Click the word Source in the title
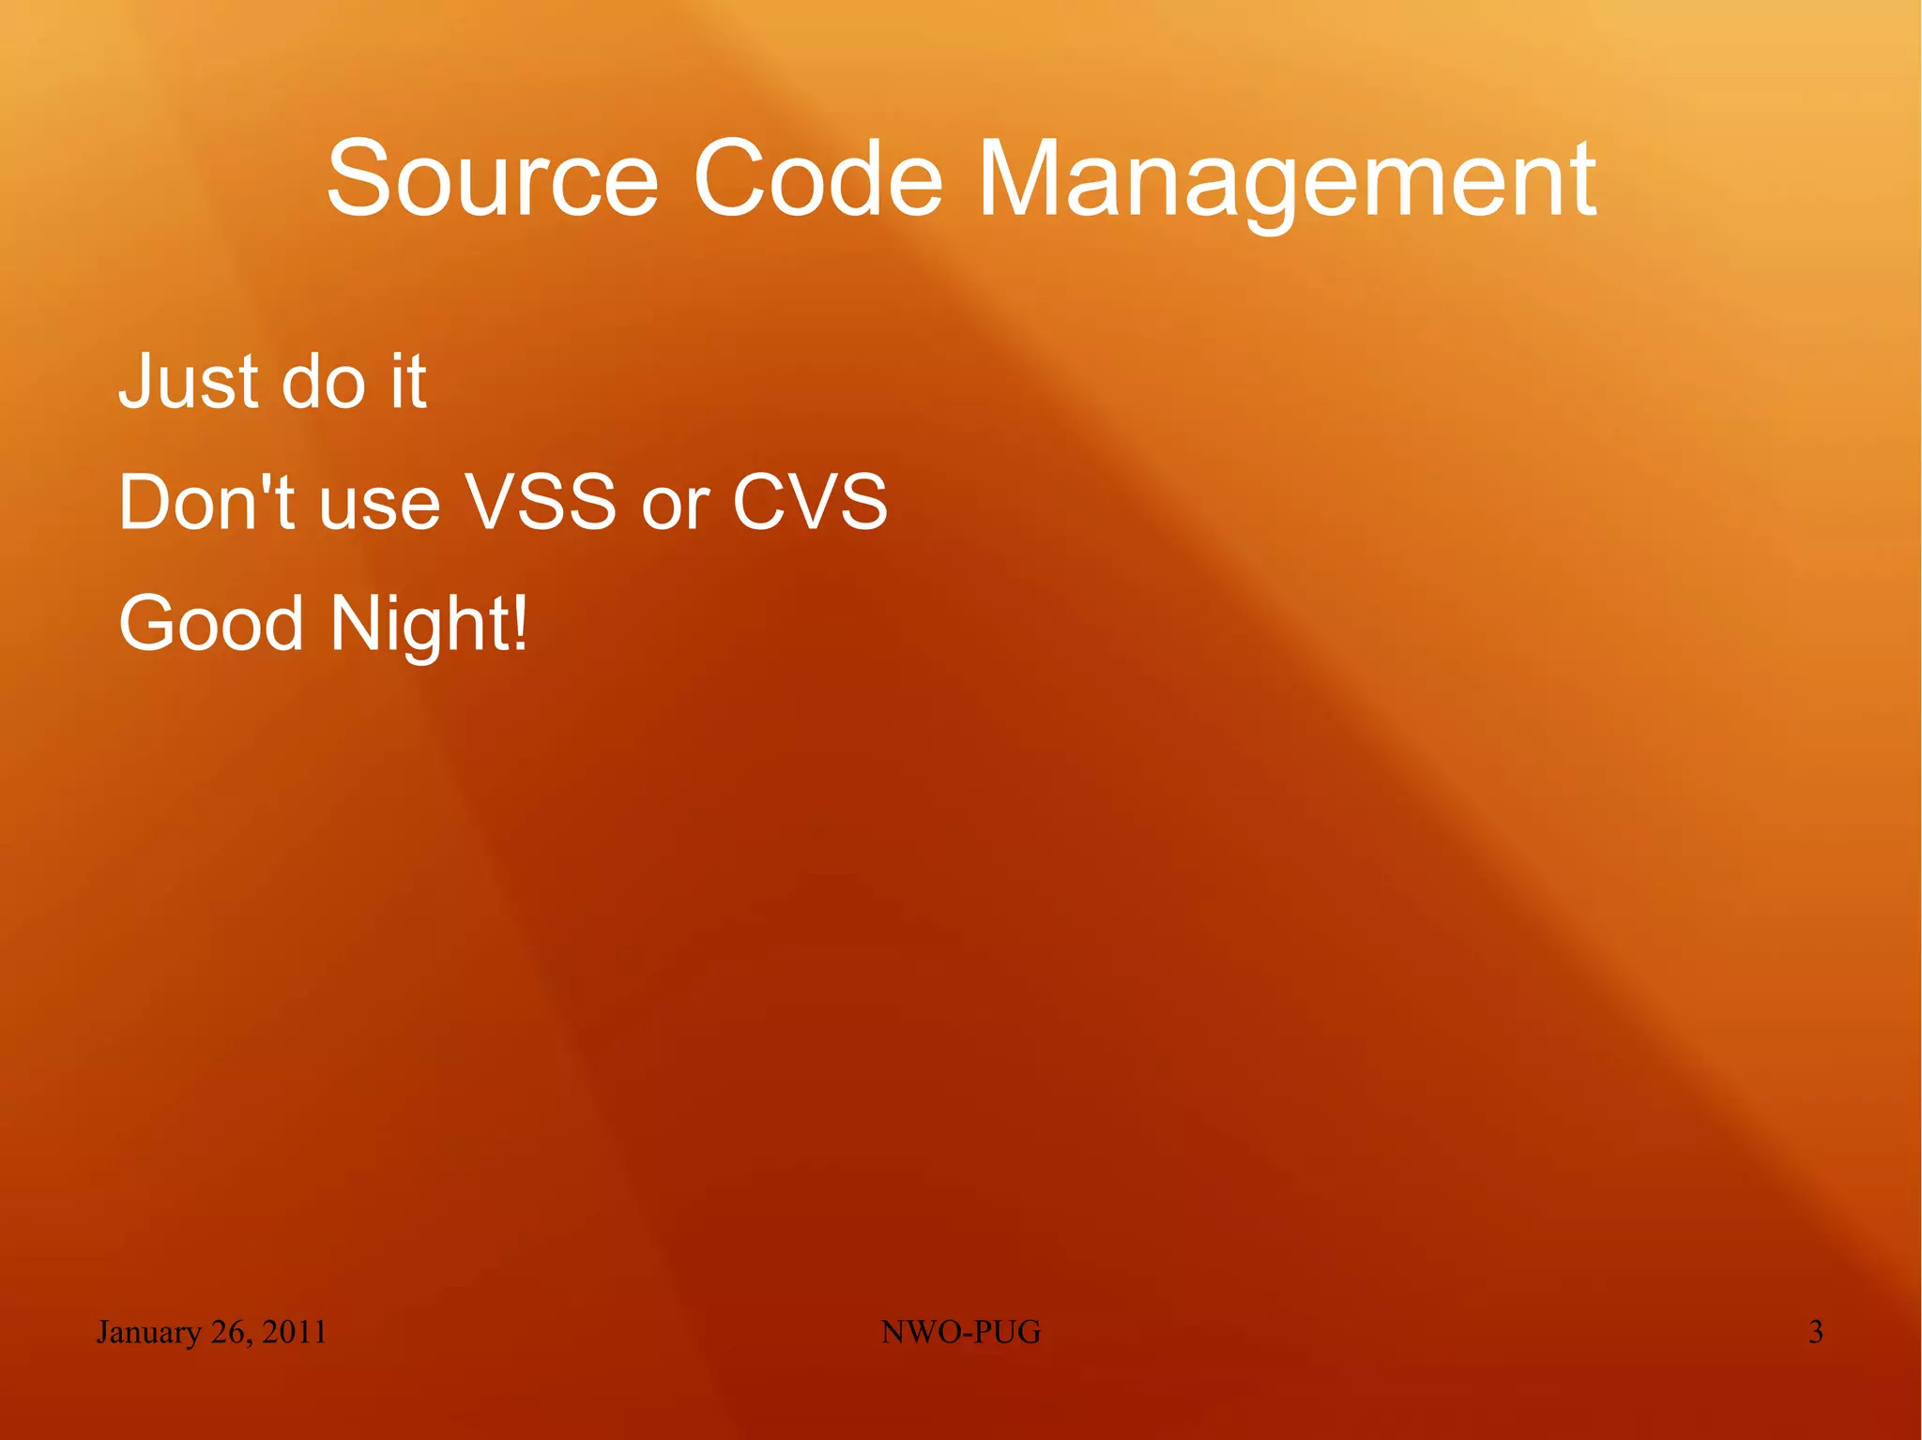pos(492,178)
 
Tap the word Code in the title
pos(817,178)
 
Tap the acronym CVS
pos(809,502)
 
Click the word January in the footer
pos(148,1332)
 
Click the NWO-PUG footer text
pos(961,1331)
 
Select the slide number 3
pos(1815,1331)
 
